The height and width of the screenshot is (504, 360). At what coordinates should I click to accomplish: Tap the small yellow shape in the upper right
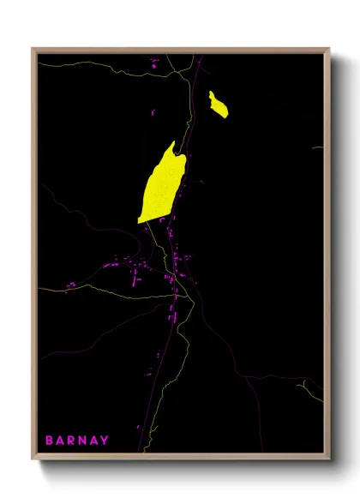pyautogui.click(x=219, y=105)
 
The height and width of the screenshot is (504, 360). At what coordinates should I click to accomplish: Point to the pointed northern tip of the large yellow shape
pyautogui.click(x=173, y=142)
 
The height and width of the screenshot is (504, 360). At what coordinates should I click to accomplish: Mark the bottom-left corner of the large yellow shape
pyautogui.click(x=139, y=222)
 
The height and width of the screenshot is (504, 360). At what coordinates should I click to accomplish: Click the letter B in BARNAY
pyautogui.click(x=50, y=441)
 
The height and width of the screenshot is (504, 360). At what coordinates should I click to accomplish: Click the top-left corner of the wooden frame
pyautogui.click(x=33, y=49)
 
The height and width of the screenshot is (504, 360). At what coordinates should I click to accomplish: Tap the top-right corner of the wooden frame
pyautogui.click(x=329, y=49)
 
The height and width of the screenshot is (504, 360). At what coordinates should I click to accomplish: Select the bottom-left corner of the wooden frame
pyautogui.click(x=33, y=463)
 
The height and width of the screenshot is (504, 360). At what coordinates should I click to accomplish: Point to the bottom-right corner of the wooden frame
pyautogui.click(x=329, y=463)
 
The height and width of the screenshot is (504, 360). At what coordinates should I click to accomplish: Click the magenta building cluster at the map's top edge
pyautogui.click(x=154, y=61)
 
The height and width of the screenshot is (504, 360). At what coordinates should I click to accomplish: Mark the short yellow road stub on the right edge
pyautogui.click(x=317, y=147)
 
